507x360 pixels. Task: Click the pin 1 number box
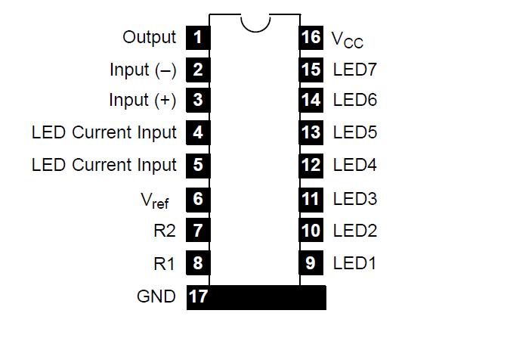click(197, 37)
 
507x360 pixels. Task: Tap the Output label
click(149, 37)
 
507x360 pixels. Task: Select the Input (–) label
click(142, 70)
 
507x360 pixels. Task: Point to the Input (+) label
click(142, 100)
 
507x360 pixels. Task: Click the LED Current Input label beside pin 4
click(104, 132)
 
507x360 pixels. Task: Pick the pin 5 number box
click(197, 165)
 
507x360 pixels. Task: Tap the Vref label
click(155, 200)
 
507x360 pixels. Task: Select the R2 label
click(164, 231)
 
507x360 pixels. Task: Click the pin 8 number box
click(197, 263)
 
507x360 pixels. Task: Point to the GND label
click(156, 296)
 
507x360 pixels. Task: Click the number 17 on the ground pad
click(198, 296)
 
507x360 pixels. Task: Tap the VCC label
click(348, 39)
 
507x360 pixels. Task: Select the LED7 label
click(354, 70)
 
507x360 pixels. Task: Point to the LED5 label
click(354, 132)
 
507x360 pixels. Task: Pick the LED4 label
click(354, 165)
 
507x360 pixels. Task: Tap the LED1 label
click(354, 263)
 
